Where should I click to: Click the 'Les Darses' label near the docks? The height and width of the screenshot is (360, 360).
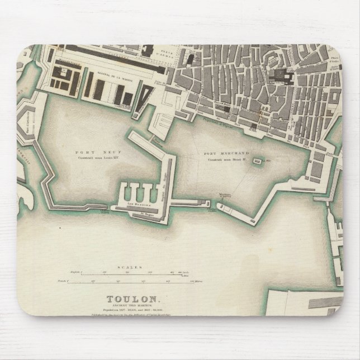137,206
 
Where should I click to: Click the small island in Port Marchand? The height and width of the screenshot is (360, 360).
257,162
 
